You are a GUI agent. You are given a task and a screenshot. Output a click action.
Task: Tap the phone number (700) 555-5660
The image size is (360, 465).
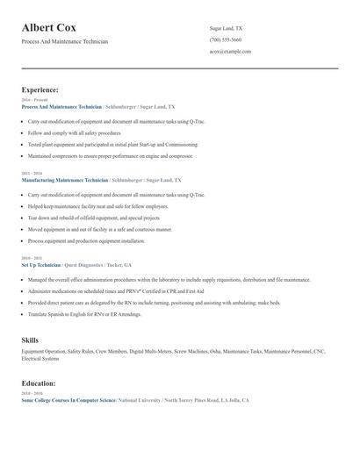click(x=226, y=39)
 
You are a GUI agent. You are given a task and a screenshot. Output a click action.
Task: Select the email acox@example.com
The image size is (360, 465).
click(x=230, y=51)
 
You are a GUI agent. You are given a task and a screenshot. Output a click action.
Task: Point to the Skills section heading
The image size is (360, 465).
click(x=30, y=339)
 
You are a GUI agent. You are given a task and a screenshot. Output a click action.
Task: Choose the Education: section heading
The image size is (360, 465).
click(x=39, y=383)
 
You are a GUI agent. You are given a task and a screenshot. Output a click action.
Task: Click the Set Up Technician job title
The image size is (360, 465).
click(x=41, y=264)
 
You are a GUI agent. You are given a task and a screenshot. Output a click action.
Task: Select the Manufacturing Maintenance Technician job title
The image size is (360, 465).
click(x=64, y=179)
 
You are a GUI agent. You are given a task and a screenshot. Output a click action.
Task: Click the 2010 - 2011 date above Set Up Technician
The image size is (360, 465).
click(x=31, y=258)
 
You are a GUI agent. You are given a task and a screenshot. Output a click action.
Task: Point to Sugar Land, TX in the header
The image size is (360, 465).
click(x=226, y=28)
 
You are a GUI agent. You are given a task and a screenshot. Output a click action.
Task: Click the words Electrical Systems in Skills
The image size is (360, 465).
click(x=40, y=358)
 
